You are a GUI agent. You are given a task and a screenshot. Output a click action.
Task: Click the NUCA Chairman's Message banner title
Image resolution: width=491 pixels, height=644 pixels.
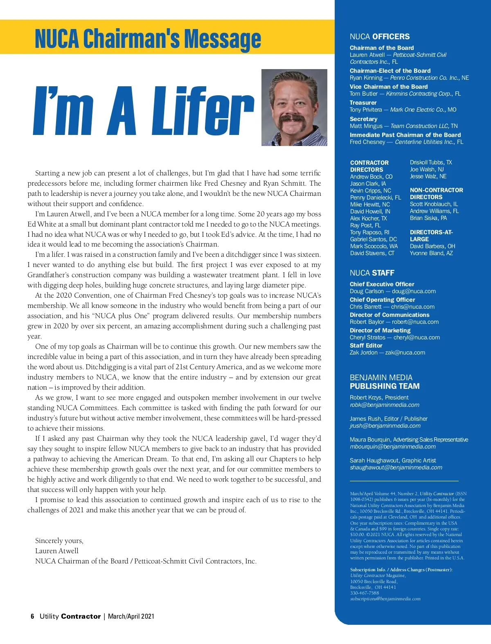pyautogui.click(x=148, y=38)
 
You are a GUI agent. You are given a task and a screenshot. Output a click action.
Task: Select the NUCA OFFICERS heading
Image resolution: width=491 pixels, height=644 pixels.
pyautogui.click(x=379, y=36)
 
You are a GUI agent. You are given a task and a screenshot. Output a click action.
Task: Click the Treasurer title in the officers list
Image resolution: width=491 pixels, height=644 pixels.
pyautogui.click(x=363, y=103)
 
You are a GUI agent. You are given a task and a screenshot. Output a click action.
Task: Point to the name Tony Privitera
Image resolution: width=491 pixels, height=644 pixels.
pyautogui.click(x=365, y=110)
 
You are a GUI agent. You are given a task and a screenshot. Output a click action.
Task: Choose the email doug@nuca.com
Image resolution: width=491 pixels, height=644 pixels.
pyautogui.click(x=414, y=291)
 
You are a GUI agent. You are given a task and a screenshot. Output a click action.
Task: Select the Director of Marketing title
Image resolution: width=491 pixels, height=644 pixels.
pyautogui.click(x=380, y=330)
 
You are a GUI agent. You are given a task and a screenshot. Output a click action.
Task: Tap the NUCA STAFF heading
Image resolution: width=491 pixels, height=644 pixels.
pyautogui.click(x=372, y=273)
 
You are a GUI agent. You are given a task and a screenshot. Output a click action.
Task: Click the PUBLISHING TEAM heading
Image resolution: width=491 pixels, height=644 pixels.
pyautogui.click(x=384, y=386)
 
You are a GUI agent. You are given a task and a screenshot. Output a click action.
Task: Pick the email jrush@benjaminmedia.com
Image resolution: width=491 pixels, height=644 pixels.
pyautogui.click(x=385, y=426)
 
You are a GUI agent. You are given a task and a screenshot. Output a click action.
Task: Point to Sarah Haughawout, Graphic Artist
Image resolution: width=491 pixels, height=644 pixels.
pyautogui.click(x=392, y=460)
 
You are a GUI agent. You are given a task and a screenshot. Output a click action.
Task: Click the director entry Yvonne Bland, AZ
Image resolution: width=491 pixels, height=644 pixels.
pyautogui.click(x=431, y=253)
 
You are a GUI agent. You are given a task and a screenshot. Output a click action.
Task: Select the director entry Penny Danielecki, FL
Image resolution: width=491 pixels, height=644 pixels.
pyautogui.click(x=375, y=197)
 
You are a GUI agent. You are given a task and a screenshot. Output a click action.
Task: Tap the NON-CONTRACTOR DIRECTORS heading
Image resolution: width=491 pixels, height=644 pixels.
pyautogui.click(x=436, y=193)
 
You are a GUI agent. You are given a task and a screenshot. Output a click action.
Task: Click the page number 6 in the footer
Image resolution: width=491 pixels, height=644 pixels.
pyautogui.click(x=32, y=616)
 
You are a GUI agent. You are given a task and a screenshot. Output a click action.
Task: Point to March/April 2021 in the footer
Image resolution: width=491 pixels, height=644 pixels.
pyautogui.click(x=131, y=616)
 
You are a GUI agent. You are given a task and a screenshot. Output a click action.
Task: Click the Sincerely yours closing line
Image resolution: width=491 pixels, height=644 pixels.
pyautogui.click(x=59, y=541)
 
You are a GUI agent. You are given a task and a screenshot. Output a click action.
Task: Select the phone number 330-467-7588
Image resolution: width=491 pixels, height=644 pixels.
pyautogui.click(x=364, y=593)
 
